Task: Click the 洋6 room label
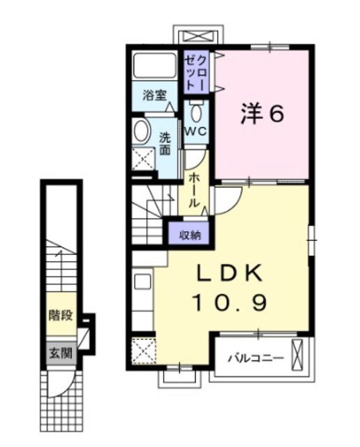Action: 262,114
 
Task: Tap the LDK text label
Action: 230,273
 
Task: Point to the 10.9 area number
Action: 230,302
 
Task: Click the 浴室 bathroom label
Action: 155,95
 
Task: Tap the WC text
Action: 195,131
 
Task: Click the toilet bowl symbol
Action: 196,113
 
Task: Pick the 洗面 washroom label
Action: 165,144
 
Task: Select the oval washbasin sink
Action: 141,131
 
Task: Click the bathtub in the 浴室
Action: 155,65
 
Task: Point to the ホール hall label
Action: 193,191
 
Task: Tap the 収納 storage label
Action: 190,235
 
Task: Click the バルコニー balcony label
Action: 256,357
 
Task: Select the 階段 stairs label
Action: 61,315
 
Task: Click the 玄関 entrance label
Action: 61,353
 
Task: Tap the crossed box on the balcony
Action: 298,354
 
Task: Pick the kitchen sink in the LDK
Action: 142,281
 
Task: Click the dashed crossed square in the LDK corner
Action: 144,351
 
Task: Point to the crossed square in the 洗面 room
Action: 144,159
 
